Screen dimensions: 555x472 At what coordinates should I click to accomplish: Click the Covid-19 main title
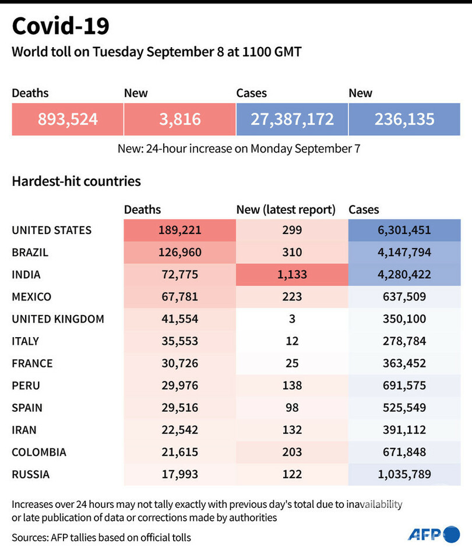click(x=61, y=26)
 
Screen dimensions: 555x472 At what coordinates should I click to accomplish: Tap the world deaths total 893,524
click(x=68, y=119)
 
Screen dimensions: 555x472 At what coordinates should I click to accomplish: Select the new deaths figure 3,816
click(x=179, y=119)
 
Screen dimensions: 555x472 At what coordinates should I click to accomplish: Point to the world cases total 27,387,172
click(x=292, y=119)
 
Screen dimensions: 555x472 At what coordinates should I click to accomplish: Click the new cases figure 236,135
click(x=404, y=119)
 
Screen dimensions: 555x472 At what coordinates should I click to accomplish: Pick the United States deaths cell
click(x=179, y=230)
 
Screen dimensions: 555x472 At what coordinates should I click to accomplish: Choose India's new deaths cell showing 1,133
click(x=292, y=274)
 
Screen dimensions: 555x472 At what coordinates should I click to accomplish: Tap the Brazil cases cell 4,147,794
click(x=404, y=252)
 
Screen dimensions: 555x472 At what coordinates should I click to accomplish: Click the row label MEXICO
click(x=31, y=297)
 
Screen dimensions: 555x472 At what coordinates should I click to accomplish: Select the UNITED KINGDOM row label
click(x=58, y=319)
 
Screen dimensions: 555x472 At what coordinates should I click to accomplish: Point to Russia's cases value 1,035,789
click(x=404, y=475)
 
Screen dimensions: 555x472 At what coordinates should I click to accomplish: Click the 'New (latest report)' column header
click(x=286, y=210)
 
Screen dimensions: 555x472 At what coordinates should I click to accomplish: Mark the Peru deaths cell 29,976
click(x=179, y=386)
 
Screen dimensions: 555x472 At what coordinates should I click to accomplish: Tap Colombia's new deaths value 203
click(x=292, y=453)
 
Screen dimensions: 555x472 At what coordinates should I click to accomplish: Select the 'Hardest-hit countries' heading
click(x=76, y=181)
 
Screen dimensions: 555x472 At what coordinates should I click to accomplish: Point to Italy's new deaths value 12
click(x=292, y=341)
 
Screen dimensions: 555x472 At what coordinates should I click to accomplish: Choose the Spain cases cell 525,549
click(x=404, y=408)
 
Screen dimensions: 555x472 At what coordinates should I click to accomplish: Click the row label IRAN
click(x=24, y=430)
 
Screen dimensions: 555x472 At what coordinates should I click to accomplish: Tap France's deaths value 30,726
click(x=179, y=363)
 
